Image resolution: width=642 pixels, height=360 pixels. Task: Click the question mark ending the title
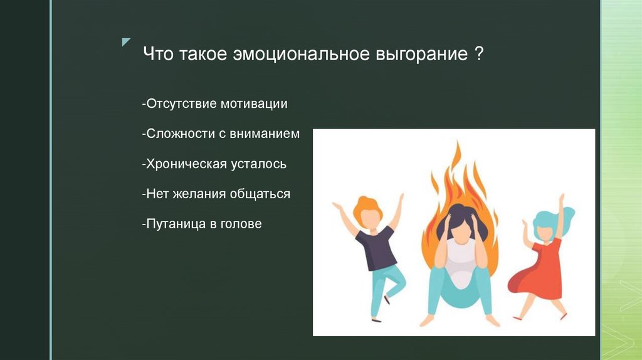(478, 54)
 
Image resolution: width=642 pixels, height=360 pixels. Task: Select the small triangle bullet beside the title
(126, 42)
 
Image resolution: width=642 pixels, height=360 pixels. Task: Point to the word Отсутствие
(181, 103)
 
